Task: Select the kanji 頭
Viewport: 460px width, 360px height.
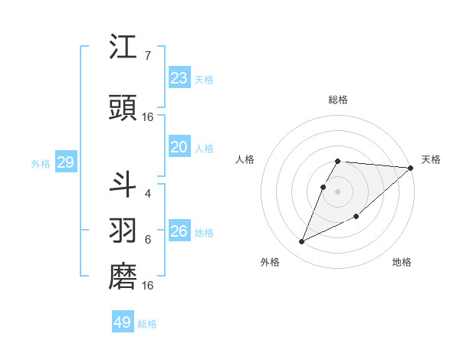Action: point(123,109)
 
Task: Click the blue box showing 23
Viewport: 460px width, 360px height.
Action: point(179,78)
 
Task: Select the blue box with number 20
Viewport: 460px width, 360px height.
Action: point(179,147)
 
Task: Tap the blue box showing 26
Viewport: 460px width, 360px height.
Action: point(179,231)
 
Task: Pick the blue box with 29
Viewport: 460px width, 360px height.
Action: point(65,162)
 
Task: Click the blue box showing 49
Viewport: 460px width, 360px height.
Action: point(123,322)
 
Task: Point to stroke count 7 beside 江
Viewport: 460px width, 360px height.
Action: point(148,56)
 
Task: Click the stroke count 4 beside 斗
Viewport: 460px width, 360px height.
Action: point(148,193)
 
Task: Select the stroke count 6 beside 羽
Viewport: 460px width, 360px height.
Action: point(148,240)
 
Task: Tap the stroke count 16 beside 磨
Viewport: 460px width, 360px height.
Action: point(148,286)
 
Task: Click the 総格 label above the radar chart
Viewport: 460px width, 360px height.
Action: point(338,100)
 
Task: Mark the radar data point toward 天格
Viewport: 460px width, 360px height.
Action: point(411,169)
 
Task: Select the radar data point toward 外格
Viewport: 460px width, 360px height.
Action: point(301,242)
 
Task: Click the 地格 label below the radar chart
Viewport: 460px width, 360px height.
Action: point(402,263)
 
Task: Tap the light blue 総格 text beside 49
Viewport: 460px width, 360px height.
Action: point(147,324)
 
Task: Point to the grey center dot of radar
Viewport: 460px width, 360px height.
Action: point(338,191)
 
